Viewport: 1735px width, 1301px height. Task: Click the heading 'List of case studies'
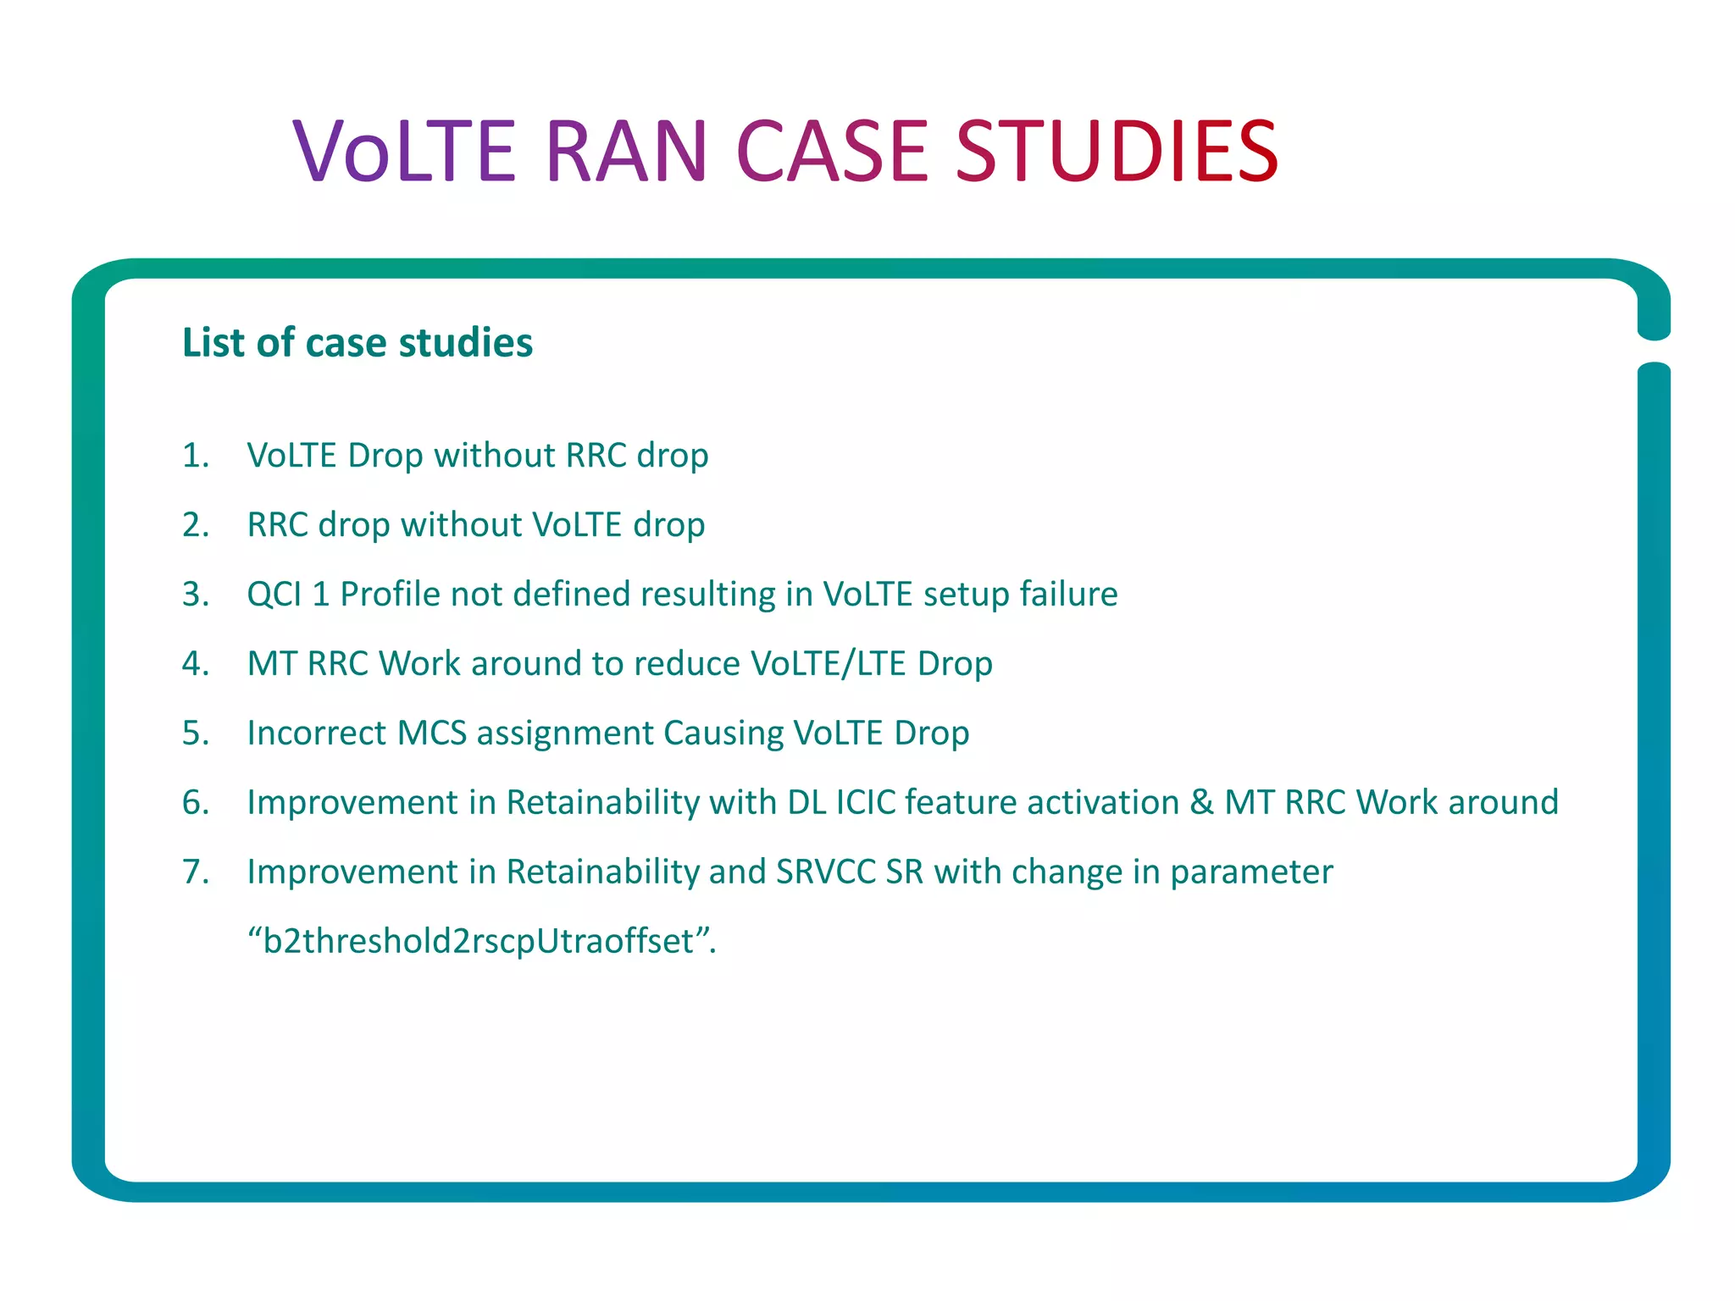point(358,343)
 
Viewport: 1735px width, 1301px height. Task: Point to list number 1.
point(195,456)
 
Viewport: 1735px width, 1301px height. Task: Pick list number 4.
point(195,664)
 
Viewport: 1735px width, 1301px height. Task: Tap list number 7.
point(195,872)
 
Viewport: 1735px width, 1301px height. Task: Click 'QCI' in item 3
point(274,595)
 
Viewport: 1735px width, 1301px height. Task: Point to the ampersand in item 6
point(1201,803)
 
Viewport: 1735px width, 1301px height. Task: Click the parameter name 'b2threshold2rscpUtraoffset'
point(480,942)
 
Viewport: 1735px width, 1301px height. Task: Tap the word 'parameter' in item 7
point(1251,872)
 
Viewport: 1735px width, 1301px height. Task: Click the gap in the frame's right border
point(1653,351)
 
